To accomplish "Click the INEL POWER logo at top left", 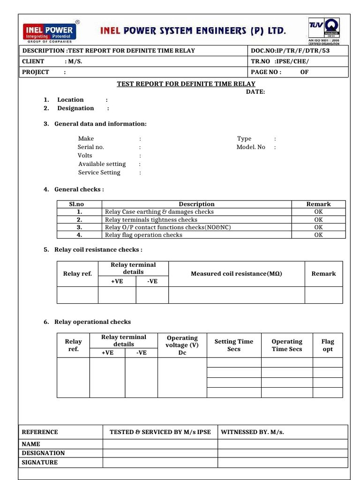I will point(50,32).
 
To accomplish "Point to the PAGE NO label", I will point(266,72).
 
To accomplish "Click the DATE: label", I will point(255,92).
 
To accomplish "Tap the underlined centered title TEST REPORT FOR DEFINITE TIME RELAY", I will point(186,84).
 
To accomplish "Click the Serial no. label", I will point(91,147).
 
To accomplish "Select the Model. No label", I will point(251,147).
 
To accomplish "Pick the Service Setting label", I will point(99,172).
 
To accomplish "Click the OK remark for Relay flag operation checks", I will point(318,235).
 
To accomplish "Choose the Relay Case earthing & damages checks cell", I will point(159,212).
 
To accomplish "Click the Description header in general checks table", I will point(196,204).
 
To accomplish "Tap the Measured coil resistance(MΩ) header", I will point(236,274).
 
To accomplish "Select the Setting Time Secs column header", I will point(233,345).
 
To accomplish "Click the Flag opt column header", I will point(328,345).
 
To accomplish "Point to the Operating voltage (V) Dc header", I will point(182,345).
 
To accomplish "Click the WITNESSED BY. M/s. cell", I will point(253,432).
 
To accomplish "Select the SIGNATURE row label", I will point(40,463).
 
